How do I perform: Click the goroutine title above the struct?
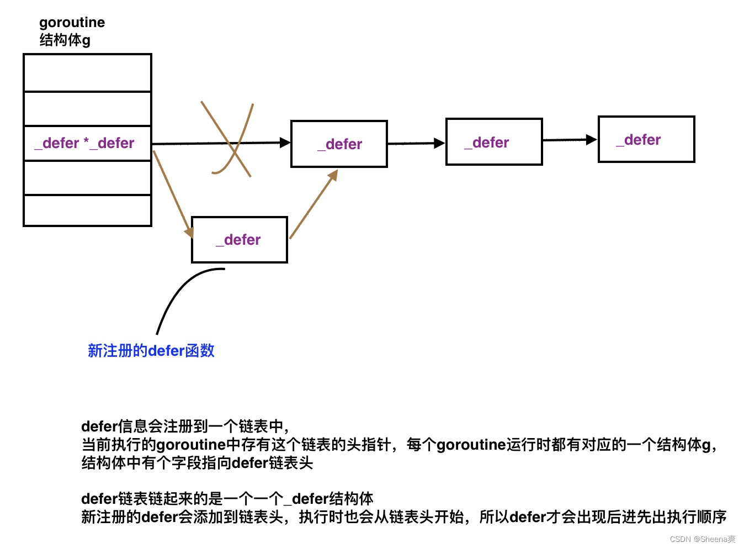pyautogui.click(x=72, y=23)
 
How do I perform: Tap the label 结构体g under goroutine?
pyautogui.click(x=65, y=40)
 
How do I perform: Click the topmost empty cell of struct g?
pyautogui.click(x=87, y=73)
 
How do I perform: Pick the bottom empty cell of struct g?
pyautogui.click(x=87, y=210)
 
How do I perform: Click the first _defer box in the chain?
pyautogui.click(x=339, y=144)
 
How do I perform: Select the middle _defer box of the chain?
pyautogui.click(x=494, y=142)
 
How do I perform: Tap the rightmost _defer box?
pyautogui.click(x=646, y=139)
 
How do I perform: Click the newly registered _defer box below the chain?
pyautogui.click(x=240, y=240)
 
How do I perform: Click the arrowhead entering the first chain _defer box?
pyautogui.click(x=285, y=143)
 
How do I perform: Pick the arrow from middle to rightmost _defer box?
pyautogui.click(x=570, y=140)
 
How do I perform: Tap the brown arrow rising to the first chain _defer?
pyautogui.click(x=313, y=204)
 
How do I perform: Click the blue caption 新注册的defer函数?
pyautogui.click(x=151, y=351)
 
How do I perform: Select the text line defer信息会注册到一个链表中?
pyautogui.click(x=185, y=426)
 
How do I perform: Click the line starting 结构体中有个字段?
pyautogui.click(x=197, y=462)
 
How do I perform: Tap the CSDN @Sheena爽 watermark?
pyautogui.click(x=702, y=539)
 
